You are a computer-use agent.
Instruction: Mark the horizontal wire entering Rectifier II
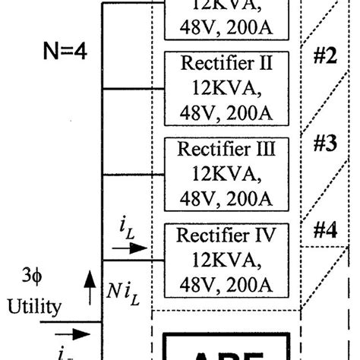point(132,89)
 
